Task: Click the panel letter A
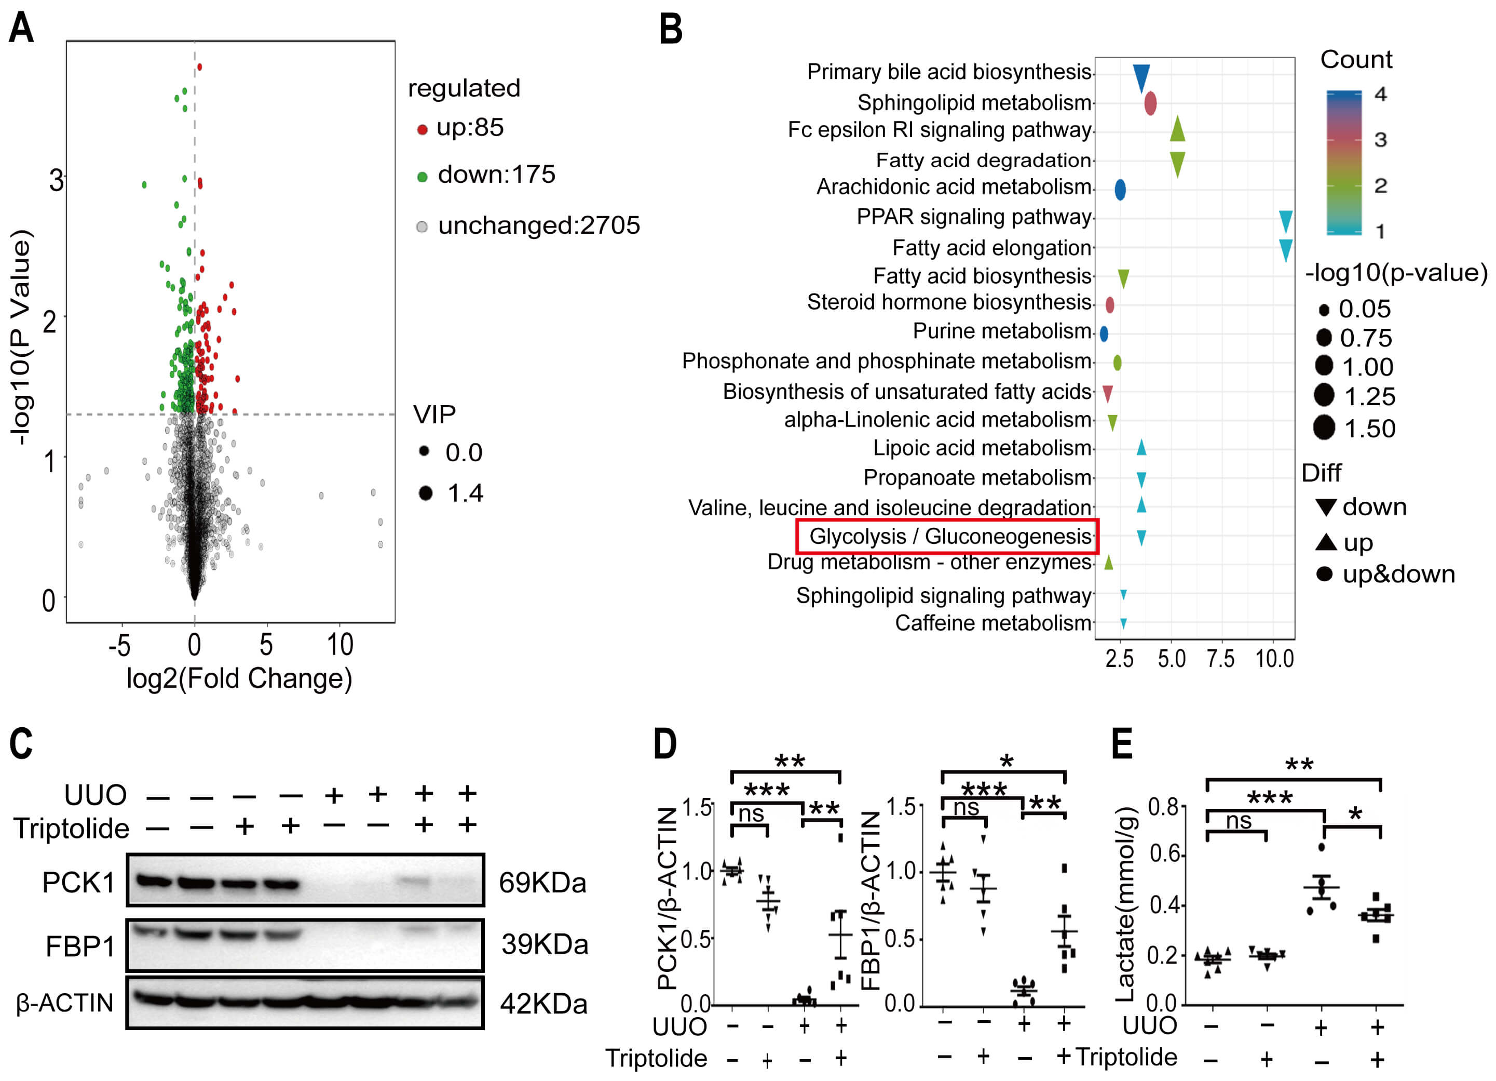21,29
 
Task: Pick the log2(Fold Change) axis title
239,678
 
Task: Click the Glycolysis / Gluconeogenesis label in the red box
949,536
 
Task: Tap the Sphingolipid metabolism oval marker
1150,103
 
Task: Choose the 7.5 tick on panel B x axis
1220,659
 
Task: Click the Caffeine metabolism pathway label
992,623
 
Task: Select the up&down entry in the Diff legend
1398,574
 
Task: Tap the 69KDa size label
542,883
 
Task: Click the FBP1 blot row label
80,946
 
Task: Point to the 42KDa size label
543,1004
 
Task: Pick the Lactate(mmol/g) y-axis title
1125,904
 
